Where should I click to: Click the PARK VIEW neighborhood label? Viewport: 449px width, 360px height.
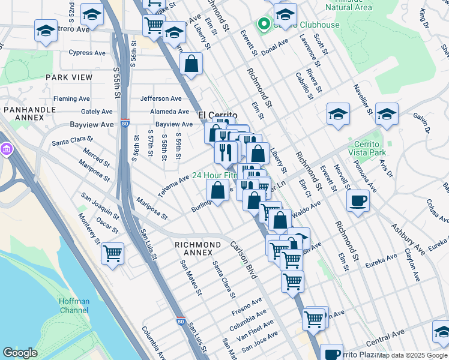coord(68,77)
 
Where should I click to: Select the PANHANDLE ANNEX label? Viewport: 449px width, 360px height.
coord(24,113)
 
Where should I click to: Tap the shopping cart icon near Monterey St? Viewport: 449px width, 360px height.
coord(112,254)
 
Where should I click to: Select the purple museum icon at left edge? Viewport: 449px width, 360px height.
coord(6,149)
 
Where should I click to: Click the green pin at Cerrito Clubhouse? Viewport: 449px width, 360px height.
coord(263,24)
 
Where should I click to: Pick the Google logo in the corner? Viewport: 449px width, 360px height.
coord(20,353)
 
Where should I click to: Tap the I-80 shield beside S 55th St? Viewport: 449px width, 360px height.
coord(124,123)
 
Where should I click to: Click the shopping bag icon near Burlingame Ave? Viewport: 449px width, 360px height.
coord(217,191)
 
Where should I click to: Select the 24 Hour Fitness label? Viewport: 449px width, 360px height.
coord(214,176)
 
